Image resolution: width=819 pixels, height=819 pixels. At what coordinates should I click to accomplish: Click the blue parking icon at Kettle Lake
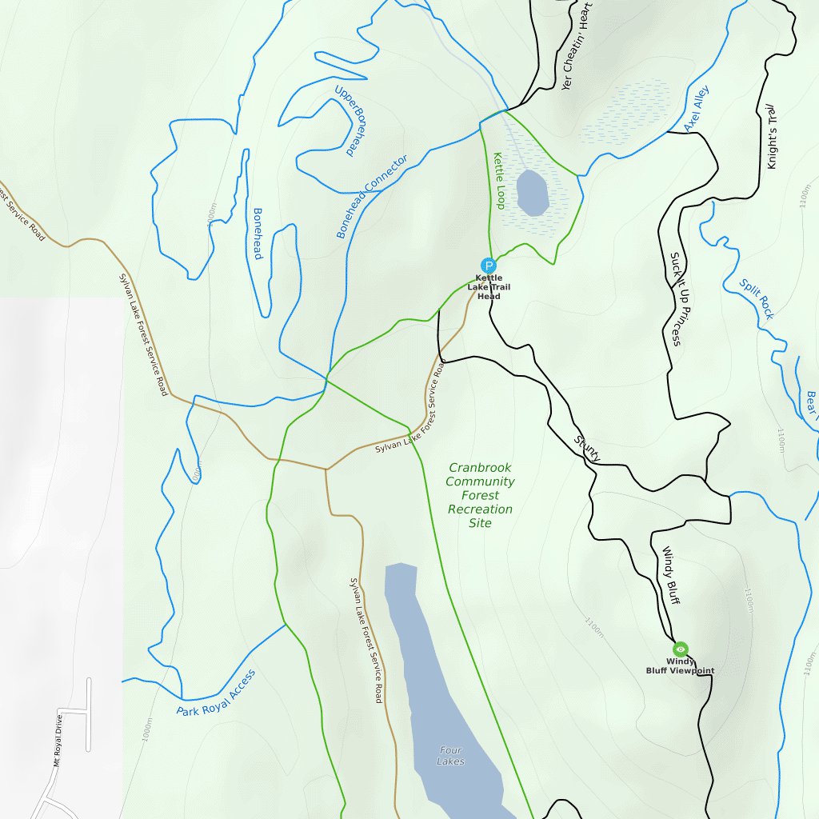point(488,266)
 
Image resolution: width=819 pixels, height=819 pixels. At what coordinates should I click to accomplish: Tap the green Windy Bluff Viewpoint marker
point(681,649)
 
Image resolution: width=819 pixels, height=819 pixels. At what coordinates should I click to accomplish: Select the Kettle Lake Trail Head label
point(489,287)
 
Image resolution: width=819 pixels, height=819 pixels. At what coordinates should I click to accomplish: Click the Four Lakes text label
point(451,756)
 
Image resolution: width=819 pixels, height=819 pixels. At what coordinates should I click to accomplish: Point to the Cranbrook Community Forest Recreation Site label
point(480,495)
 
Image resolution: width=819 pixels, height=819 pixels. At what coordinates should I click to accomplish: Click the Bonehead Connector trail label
point(372,196)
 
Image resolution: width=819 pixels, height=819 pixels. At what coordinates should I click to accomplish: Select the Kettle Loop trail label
point(498,181)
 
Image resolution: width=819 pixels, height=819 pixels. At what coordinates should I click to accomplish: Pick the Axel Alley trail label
point(696,109)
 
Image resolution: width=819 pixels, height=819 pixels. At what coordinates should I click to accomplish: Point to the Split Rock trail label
point(756,299)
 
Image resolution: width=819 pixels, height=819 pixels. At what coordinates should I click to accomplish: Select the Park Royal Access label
point(216,693)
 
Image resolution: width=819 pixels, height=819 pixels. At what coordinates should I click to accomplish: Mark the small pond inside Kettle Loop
point(532,193)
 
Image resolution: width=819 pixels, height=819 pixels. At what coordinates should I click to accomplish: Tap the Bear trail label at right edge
point(812,406)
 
